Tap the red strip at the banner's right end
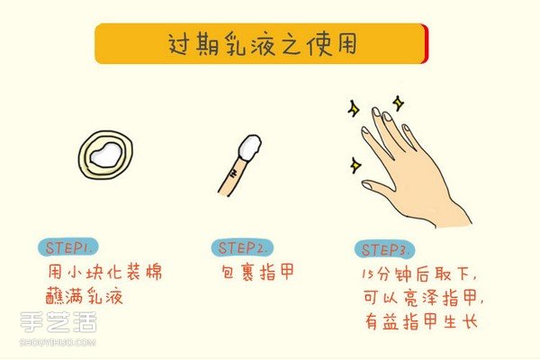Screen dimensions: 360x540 (x=425, y=43)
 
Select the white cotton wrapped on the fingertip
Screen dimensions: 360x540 (x=249, y=146)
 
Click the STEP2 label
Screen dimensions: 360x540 (x=239, y=247)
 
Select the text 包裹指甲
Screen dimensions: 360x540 (x=257, y=271)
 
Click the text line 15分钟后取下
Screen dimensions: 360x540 (x=423, y=273)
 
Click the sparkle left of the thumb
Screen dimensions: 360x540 (x=356, y=166)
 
